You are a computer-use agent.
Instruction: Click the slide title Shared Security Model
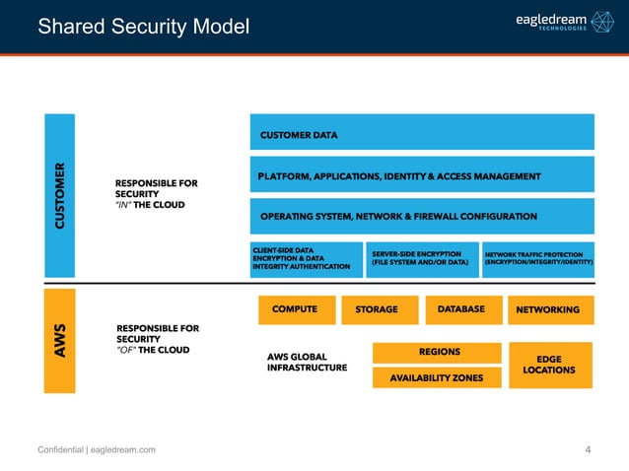(x=143, y=28)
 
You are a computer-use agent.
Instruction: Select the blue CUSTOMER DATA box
(x=422, y=132)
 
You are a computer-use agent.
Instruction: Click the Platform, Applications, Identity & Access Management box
(x=422, y=175)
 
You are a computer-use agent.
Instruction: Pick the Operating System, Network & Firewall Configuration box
(x=422, y=216)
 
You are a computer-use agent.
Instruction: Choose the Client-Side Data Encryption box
(x=307, y=258)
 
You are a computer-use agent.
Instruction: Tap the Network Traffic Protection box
(x=538, y=258)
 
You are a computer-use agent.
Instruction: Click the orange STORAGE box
(x=377, y=309)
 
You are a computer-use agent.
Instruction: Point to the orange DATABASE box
(x=461, y=309)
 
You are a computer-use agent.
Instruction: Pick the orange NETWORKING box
(x=549, y=309)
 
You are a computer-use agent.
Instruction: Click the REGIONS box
(x=439, y=352)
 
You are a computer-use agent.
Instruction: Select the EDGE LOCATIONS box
(x=549, y=365)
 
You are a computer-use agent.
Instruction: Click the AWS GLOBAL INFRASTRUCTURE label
(x=307, y=362)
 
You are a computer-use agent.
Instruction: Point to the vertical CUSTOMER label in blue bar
(x=60, y=196)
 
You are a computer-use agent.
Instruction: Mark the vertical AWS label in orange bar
(x=60, y=339)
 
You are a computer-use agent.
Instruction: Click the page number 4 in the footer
(x=588, y=450)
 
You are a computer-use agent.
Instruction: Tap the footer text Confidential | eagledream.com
(x=96, y=450)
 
